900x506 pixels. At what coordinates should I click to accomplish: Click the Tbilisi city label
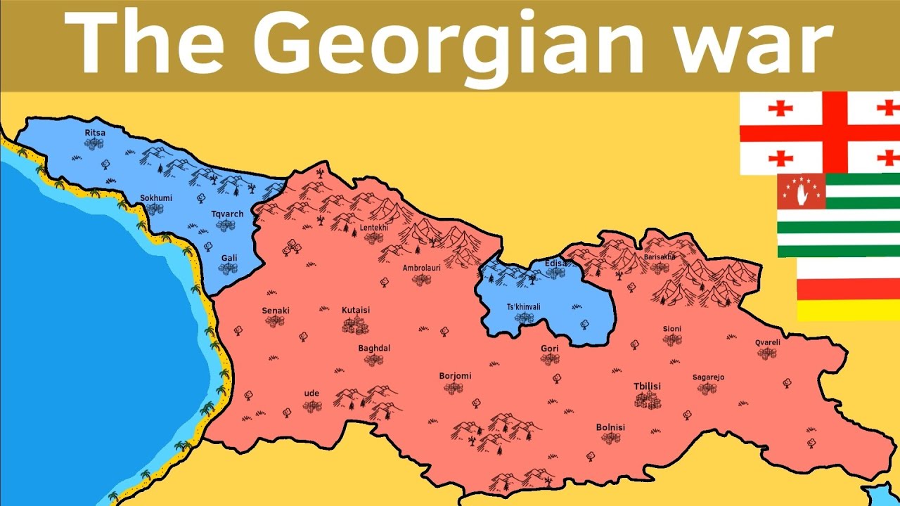[x=648, y=387]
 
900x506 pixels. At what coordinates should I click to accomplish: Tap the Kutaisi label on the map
[x=356, y=310]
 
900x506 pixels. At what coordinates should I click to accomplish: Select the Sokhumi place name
[x=155, y=198]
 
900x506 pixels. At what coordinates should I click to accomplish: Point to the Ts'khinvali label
[x=524, y=307]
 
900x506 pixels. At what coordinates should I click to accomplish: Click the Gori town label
[x=550, y=349]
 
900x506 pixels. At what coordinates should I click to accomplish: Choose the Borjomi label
[x=455, y=376]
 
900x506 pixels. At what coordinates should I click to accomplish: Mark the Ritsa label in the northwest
[x=95, y=132]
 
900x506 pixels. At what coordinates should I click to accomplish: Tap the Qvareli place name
[x=768, y=342]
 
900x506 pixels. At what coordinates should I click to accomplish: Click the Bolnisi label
[x=610, y=427]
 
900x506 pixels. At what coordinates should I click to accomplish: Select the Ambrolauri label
[x=421, y=268]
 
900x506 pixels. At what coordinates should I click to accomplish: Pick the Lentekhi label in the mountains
[x=373, y=228]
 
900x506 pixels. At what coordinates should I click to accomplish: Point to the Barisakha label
[x=659, y=257]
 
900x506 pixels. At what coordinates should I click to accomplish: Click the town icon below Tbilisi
[x=648, y=401]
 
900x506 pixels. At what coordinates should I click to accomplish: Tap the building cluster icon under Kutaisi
[x=356, y=325]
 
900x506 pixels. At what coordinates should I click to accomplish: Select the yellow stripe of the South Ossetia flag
[x=848, y=310]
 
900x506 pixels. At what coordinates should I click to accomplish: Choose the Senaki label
[x=276, y=311]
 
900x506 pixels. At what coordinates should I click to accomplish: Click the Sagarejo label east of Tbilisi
[x=708, y=377]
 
